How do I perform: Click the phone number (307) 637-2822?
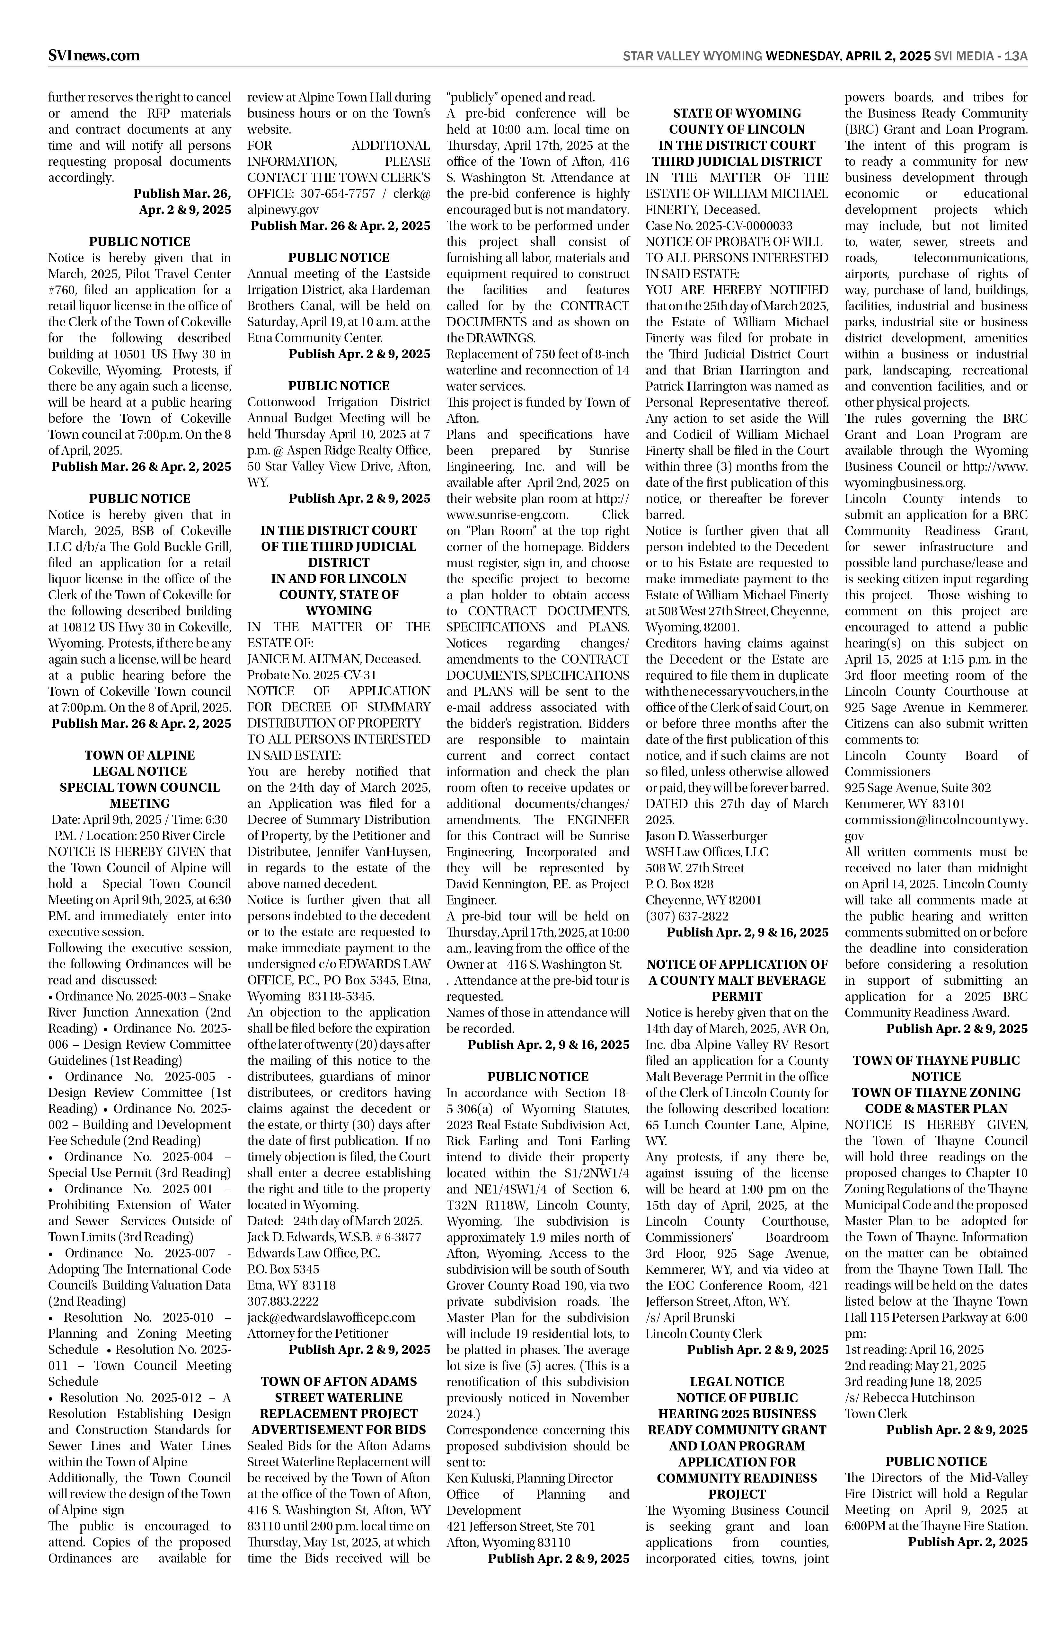687,916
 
